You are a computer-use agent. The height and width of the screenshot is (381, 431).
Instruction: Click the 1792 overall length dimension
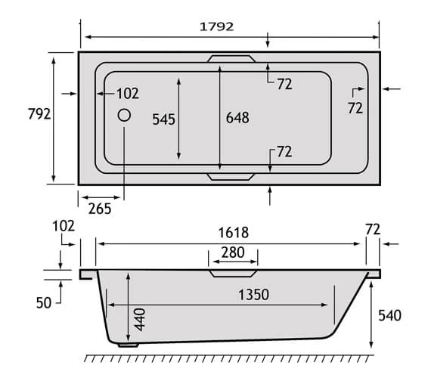click(216, 26)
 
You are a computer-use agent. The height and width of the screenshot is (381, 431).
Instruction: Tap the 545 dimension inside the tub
click(163, 119)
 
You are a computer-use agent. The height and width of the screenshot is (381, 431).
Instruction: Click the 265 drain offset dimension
click(98, 209)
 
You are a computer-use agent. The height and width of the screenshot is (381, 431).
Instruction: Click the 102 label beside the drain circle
click(127, 94)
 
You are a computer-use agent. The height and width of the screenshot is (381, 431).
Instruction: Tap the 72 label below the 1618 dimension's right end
click(372, 228)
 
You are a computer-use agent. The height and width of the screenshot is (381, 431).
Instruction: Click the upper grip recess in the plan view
click(233, 58)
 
